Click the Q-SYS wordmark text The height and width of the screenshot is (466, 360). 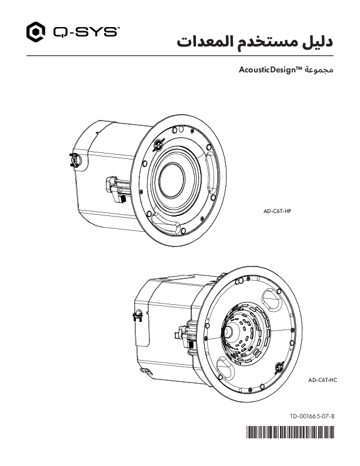(84, 32)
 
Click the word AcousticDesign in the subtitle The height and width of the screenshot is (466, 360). (270, 71)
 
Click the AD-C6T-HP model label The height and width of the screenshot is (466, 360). (277, 209)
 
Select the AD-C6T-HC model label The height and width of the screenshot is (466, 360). (323, 381)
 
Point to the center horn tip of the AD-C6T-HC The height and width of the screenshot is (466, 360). (228, 331)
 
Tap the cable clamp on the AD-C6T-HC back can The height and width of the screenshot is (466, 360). (137, 317)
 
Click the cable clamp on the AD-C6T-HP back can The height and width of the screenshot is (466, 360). (75, 159)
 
